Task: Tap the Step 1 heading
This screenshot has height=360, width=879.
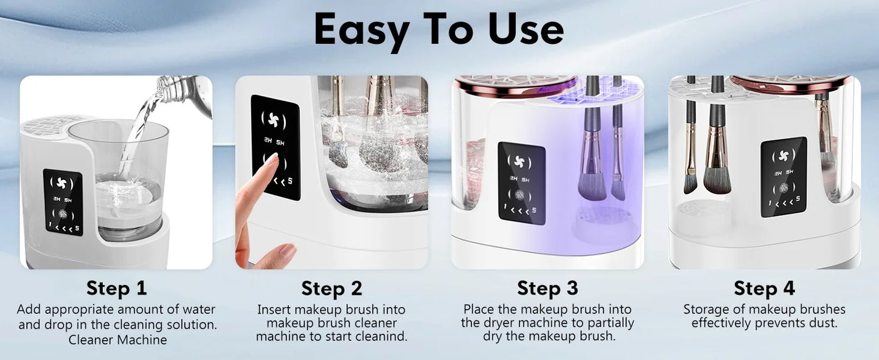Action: pos(116,288)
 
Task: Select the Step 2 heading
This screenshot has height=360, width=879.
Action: pos(332,288)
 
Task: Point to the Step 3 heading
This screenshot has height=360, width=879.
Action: pos(547,288)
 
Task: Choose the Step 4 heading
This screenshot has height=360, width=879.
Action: pos(764,288)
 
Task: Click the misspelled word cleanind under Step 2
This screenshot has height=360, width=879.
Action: pos(382,336)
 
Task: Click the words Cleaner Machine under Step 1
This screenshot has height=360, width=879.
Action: pos(117,339)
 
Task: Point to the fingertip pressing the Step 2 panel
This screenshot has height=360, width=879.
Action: pos(270,161)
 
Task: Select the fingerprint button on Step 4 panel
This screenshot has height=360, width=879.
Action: pos(783,188)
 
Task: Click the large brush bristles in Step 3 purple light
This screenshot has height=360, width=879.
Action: pos(594,182)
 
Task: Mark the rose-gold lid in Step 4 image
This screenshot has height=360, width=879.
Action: pos(790,83)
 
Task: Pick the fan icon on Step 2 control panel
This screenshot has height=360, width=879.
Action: pos(275,117)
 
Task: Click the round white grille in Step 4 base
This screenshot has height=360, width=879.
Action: pos(703,210)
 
